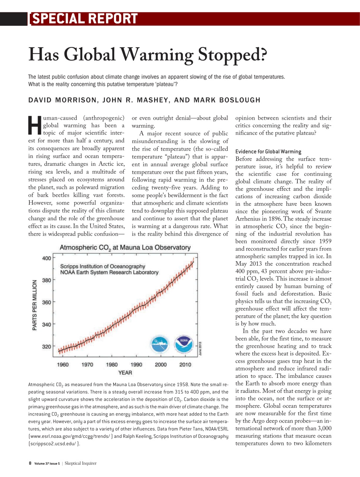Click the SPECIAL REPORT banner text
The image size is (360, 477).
pyautogui.click(x=85, y=19)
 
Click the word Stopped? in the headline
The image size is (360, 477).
pyautogui.click(x=232, y=55)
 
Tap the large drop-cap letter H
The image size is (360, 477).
pyautogui.click(x=35, y=126)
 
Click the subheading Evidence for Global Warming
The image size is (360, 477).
pyautogui.click(x=268, y=151)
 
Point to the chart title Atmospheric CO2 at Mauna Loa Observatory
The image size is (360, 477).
pyautogui.click(x=125, y=248)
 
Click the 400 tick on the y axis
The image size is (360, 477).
pyautogui.click(x=47, y=258)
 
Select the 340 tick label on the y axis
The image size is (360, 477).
pyautogui.click(x=47, y=325)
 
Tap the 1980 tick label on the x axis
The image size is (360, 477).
pyautogui.click(x=112, y=364)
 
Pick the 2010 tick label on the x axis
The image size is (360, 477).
pyautogui.click(x=185, y=364)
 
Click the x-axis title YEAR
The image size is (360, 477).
pyautogui.click(x=125, y=373)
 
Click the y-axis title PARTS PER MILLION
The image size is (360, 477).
pyautogui.click(x=35, y=305)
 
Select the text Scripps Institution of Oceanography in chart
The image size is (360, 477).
pyautogui.click(x=103, y=266)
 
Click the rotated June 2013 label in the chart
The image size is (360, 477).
pyautogui.click(x=200, y=348)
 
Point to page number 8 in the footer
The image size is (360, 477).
pyautogui.click(x=30, y=463)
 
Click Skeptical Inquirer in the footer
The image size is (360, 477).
pyautogui.click(x=80, y=463)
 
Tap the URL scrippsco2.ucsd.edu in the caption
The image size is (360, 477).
pyautogui.click(x=52, y=443)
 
